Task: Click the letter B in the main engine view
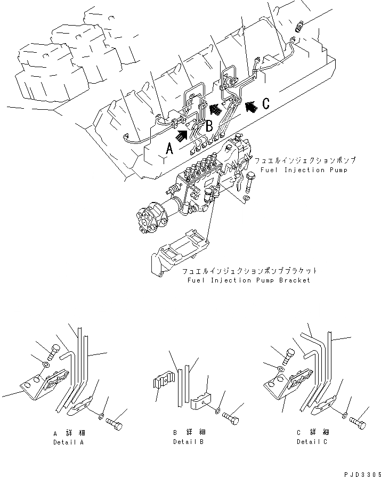pyautogui.click(x=209, y=127)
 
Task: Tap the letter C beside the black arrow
pyautogui.click(x=265, y=103)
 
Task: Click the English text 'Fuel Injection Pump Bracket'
pyautogui.click(x=248, y=280)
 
